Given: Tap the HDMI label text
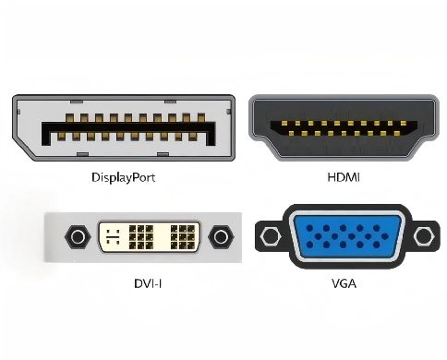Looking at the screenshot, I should pos(343,177).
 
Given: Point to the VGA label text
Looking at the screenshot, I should pos(344,283).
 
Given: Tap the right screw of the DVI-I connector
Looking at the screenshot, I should pos(220,238).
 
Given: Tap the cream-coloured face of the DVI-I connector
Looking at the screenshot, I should pos(149,238).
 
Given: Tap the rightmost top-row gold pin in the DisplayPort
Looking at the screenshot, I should pos(199,120).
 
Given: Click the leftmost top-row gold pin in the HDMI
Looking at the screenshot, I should pos(273,124).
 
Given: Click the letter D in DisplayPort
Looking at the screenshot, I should pos(95,176).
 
